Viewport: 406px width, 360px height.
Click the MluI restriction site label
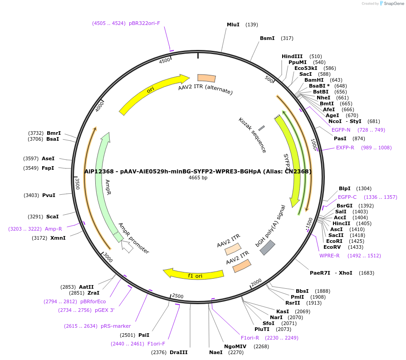(x=233, y=25)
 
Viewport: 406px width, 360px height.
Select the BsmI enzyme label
(x=267, y=38)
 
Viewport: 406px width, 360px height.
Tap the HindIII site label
(x=292, y=56)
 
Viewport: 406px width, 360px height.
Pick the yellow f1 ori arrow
(x=194, y=274)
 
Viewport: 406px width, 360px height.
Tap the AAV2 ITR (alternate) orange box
(x=206, y=78)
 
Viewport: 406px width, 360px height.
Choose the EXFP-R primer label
(x=345, y=148)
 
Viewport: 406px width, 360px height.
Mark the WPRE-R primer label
(x=329, y=256)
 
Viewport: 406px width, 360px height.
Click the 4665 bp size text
(x=198, y=178)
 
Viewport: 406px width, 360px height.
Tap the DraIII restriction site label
(x=178, y=352)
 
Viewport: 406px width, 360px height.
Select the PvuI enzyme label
(x=49, y=195)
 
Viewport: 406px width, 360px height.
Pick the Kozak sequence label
(x=252, y=135)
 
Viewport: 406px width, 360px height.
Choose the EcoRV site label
(x=332, y=247)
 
